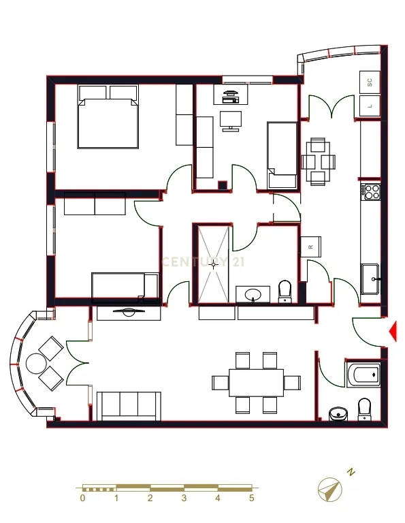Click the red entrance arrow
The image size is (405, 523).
click(x=393, y=331)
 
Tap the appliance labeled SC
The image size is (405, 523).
click(x=370, y=82)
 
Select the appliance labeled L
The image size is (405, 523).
click(x=370, y=106)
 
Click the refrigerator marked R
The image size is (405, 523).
click(x=311, y=247)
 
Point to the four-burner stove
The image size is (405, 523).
click(x=371, y=192)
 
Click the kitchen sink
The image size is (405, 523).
click(x=370, y=279)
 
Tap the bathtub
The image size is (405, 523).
click(x=363, y=375)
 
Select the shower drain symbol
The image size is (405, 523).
click(x=214, y=264)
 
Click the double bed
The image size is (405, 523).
click(x=108, y=116)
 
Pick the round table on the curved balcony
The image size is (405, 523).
click(x=35, y=363)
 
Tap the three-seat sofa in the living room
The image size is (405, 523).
click(x=129, y=407)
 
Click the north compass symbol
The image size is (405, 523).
click(x=329, y=490)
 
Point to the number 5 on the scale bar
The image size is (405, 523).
click(x=252, y=498)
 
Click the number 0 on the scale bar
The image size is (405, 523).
click(x=82, y=498)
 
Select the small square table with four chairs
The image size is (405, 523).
click(x=319, y=162)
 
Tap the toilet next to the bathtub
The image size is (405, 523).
click(x=364, y=409)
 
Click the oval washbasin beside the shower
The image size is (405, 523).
click(x=253, y=294)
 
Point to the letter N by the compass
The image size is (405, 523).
click(x=351, y=472)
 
